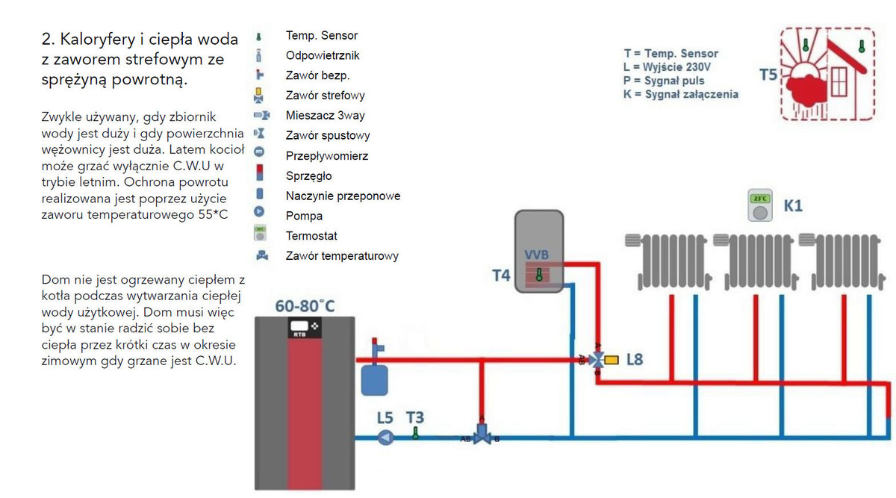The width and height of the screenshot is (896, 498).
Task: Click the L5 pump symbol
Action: click(x=385, y=437)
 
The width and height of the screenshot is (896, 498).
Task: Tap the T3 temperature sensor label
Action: click(x=416, y=418)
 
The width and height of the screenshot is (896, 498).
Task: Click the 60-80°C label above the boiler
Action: click(x=305, y=306)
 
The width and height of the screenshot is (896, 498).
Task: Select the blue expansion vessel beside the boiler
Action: click(x=371, y=377)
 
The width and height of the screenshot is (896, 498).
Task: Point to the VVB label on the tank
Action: click(x=537, y=255)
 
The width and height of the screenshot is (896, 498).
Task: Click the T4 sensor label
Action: click(x=501, y=276)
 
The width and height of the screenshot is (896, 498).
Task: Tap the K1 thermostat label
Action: click(x=793, y=205)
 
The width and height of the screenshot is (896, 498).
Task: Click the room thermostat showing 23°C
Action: click(x=760, y=207)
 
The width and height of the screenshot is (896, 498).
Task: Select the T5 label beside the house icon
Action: click(x=768, y=75)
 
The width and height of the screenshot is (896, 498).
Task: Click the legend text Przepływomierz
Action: click(x=326, y=156)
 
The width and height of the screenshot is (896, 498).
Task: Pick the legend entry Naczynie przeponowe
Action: click(x=343, y=196)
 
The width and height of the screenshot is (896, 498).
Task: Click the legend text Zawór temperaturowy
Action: click(x=342, y=256)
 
